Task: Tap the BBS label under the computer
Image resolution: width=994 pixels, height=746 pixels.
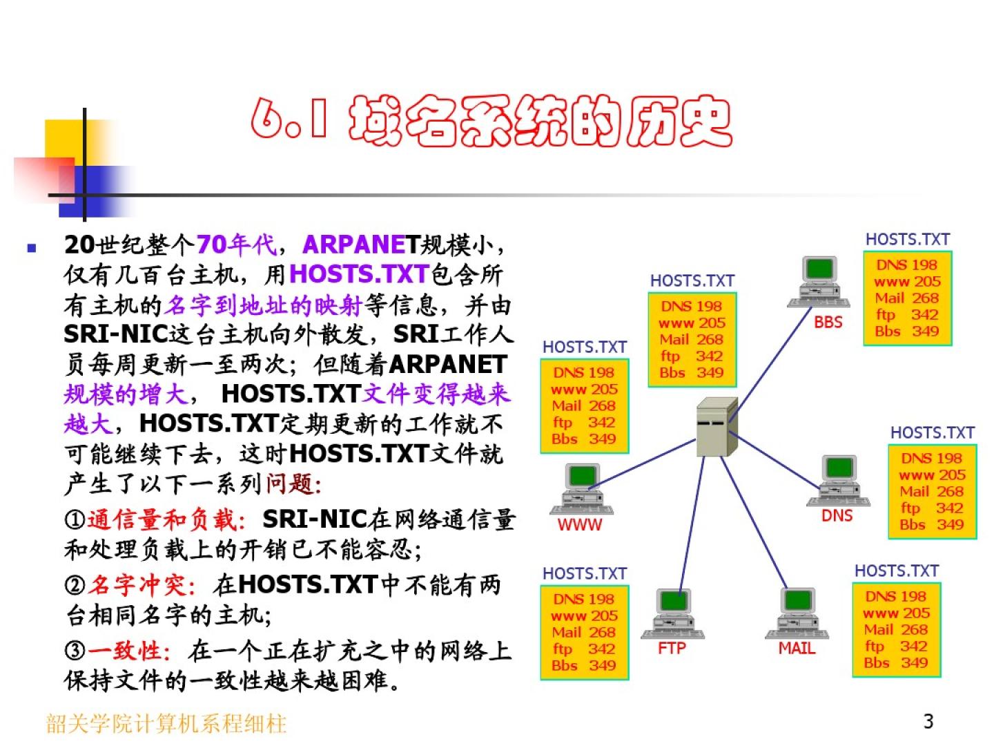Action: point(828,322)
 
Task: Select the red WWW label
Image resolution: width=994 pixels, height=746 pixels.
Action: point(580,524)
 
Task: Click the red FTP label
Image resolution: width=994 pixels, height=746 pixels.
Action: point(672,648)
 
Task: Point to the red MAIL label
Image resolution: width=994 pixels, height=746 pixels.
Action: point(797,648)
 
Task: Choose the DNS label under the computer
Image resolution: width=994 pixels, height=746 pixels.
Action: point(837,515)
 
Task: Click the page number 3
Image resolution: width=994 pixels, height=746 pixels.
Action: point(928,721)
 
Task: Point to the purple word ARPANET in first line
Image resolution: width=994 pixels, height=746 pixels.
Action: point(359,245)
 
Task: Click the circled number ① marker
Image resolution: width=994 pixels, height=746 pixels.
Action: point(75,520)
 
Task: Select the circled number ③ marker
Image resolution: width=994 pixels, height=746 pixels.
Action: point(75,651)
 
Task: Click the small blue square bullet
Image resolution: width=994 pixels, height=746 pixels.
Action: point(31,247)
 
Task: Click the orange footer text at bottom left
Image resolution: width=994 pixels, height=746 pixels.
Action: point(166,723)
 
